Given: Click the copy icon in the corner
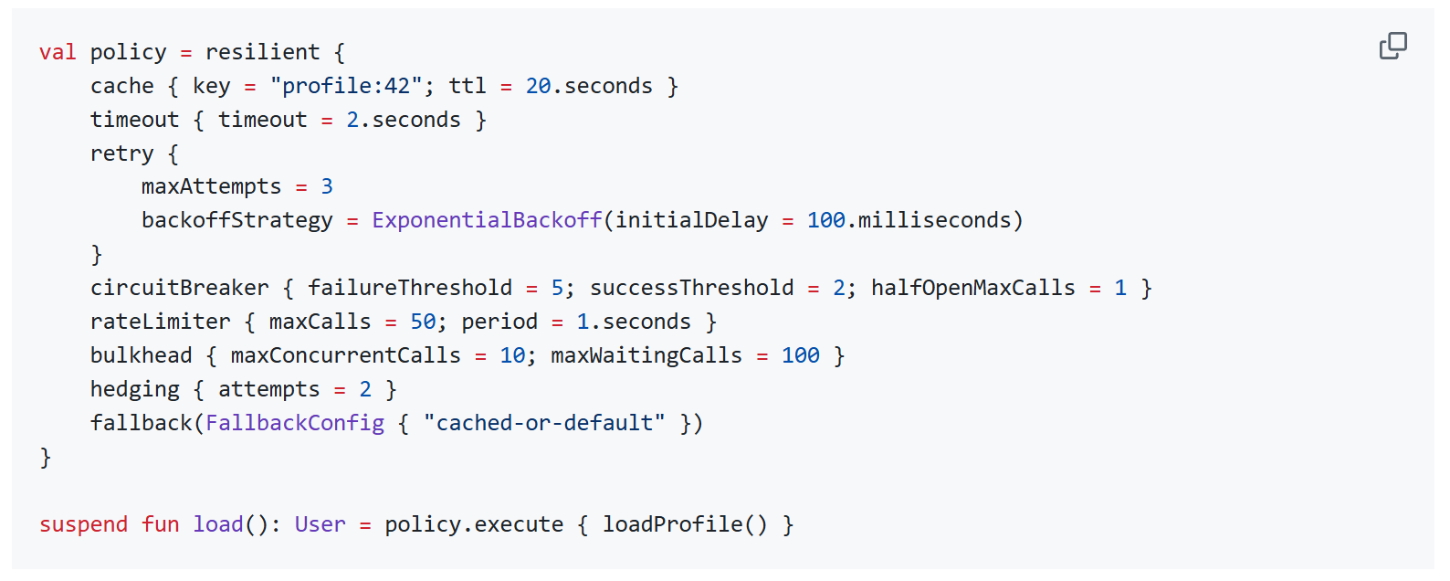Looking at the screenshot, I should tap(1392, 46).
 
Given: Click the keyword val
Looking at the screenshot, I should tap(58, 52).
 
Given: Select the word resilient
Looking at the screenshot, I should tap(262, 52).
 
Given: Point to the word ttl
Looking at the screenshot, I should tap(467, 86).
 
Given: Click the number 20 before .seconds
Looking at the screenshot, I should tap(538, 86).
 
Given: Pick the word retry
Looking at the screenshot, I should tap(121, 153).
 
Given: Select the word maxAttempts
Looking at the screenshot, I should tap(211, 186).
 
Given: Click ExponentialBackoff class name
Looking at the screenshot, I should tap(487, 220).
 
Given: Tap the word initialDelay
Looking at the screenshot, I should tap(691, 220).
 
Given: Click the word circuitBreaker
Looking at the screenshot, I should tap(179, 288).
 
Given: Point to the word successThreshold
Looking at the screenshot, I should tap(691, 288).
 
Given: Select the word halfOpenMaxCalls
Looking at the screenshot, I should tap(972, 288).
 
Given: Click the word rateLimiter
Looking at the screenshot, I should tap(160, 322).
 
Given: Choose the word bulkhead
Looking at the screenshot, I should tap(141, 355).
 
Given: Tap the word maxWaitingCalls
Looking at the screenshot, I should tap(646, 355).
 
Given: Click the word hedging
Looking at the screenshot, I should tap(134, 389).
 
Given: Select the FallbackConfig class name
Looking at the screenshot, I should tap(295, 423).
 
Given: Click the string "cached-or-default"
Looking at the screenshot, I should tap(544, 423).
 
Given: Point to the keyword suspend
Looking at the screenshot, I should tap(83, 524).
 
